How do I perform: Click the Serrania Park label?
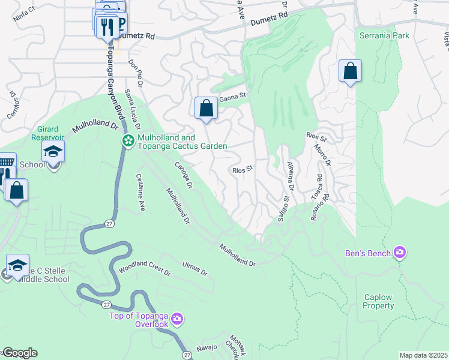click(384, 35)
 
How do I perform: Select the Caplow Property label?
click(378, 301)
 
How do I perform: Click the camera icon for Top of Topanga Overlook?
click(177, 317)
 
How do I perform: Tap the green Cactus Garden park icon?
click(128, 141)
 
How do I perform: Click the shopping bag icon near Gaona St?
click(206, 109)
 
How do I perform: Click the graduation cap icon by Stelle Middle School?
click(18, 265)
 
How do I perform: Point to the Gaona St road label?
click(234, 96)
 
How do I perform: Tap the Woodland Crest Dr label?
click(145, 268)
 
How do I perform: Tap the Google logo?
click(19, 353)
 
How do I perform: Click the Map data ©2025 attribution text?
click(423, 355)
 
